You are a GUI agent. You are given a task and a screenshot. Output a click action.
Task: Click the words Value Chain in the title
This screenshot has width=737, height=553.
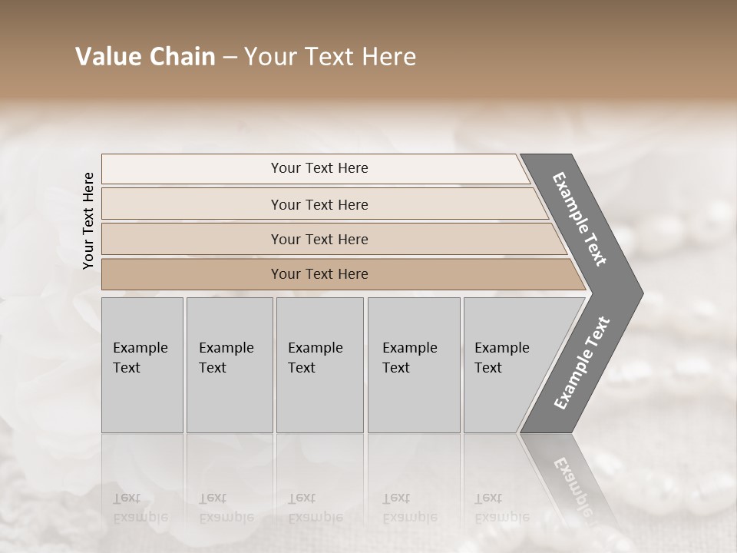(145, 57)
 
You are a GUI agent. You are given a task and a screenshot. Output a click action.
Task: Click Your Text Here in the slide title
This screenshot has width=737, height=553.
(330, 57)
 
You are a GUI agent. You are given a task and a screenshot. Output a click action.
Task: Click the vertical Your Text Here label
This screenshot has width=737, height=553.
(88, 220)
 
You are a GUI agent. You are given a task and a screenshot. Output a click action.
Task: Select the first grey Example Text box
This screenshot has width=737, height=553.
(142, 364)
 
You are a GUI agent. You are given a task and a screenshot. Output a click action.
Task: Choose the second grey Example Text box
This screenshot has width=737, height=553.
(229, 364)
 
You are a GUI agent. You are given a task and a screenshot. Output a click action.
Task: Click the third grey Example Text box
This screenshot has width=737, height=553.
(319, 364)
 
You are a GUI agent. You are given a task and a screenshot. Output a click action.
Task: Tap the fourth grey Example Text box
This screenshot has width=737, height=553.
(413, 364)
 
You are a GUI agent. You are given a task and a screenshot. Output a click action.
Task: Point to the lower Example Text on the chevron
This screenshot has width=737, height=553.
(582, 363)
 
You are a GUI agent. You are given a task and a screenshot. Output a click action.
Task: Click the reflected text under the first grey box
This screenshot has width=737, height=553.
(140, 508)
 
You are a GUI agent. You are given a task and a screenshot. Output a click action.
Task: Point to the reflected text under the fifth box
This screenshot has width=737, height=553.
(501, 508)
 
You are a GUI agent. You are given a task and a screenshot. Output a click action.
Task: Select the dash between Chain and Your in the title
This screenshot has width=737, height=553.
(230, 58)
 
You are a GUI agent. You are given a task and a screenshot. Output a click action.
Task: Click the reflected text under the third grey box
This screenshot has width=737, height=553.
(315, 508)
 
